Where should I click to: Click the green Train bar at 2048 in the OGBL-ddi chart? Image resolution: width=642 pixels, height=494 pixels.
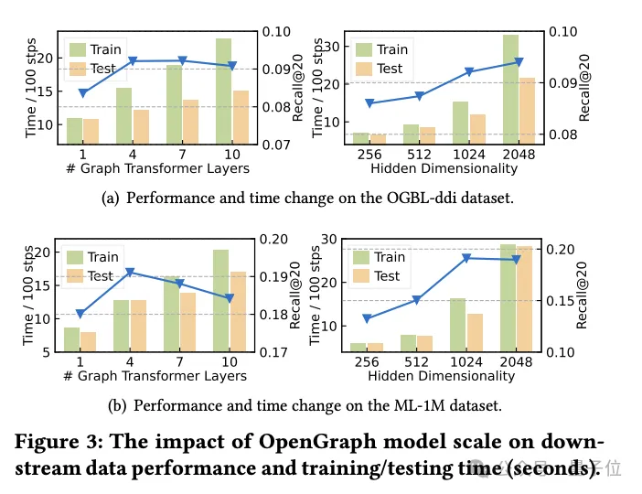tap(510, 90)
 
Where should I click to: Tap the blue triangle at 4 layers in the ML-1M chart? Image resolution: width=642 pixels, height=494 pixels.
tap(131, 273)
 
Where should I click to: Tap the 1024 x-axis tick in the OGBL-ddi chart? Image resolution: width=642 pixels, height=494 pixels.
tap(469, 156)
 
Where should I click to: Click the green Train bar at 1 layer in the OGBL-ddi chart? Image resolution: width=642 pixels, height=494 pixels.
tap(74, 131)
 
